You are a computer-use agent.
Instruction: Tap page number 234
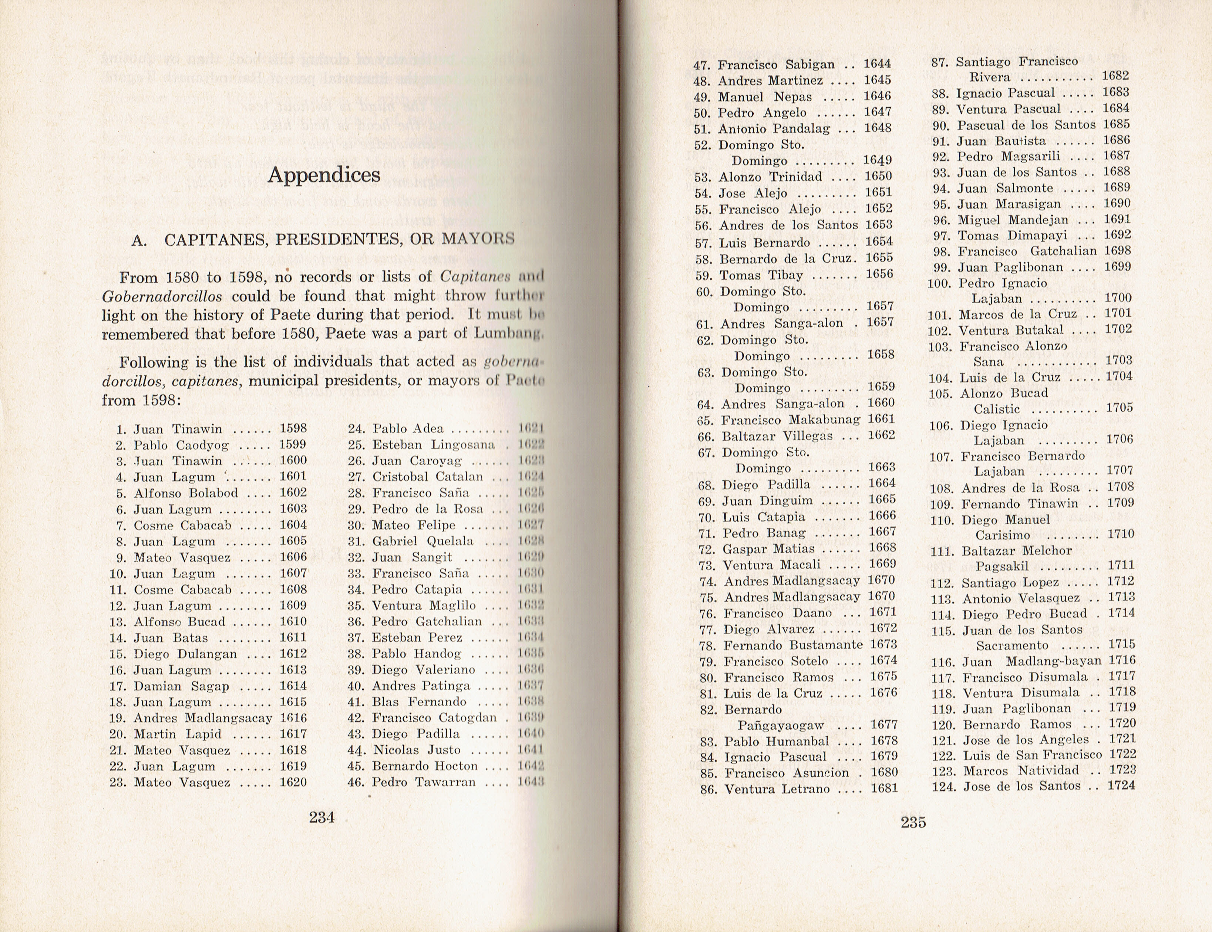322,817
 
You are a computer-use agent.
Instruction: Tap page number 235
913,822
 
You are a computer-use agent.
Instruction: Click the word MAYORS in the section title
478,239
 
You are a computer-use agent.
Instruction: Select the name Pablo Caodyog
181,445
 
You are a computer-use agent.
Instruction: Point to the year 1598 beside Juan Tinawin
293,428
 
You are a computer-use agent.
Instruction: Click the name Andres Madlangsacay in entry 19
203,718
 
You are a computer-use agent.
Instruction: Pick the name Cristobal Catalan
427,476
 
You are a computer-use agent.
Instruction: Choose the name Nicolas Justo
417,750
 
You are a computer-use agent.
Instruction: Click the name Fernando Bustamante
793,645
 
